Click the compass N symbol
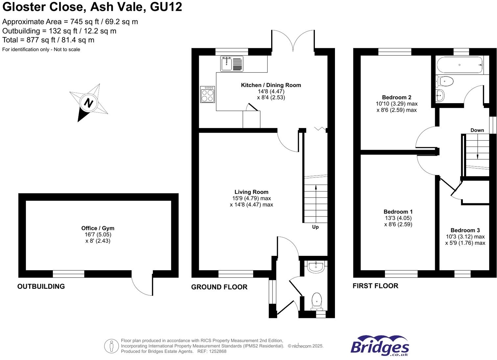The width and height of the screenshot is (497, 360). pyautogui.click(x=88, y=103)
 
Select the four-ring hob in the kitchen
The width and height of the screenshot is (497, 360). pyautogui.click(x=207, y=95)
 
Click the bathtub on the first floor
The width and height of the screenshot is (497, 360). pyautogui.click(x=459, y=65)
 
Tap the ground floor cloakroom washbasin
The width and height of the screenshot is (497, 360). pyautogui.click(x=316, y=266)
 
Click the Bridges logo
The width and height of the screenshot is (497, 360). pyautogui.click(x=380, y=346)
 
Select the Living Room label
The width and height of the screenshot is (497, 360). pyautogui.click(x=251, y=192)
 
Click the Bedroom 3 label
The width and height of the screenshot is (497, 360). pyautogui.click(x=465, y=230)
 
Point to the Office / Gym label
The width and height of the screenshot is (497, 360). pyautogui.click(x=98, y=228)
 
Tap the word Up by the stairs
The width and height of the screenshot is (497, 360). pyautogui.click(x=315, y=227)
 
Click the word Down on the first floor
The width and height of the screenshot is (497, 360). pyautogui.click(x=477, y=130)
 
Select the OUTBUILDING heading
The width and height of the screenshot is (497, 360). pyautogui.click(x=41, y=286)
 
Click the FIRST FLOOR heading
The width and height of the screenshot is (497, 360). pyautogui.click(x=375, y=286)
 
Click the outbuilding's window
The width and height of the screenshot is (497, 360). pyautogui.click(x=68, y=274)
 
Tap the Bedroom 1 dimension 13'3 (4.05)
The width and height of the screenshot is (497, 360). pyautogui.click(x=398, y=218)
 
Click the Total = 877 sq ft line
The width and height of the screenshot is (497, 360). pyautogui.click(x=48, y=40)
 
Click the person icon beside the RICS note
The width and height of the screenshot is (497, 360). pyautogui.click(x=111, y=346)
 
